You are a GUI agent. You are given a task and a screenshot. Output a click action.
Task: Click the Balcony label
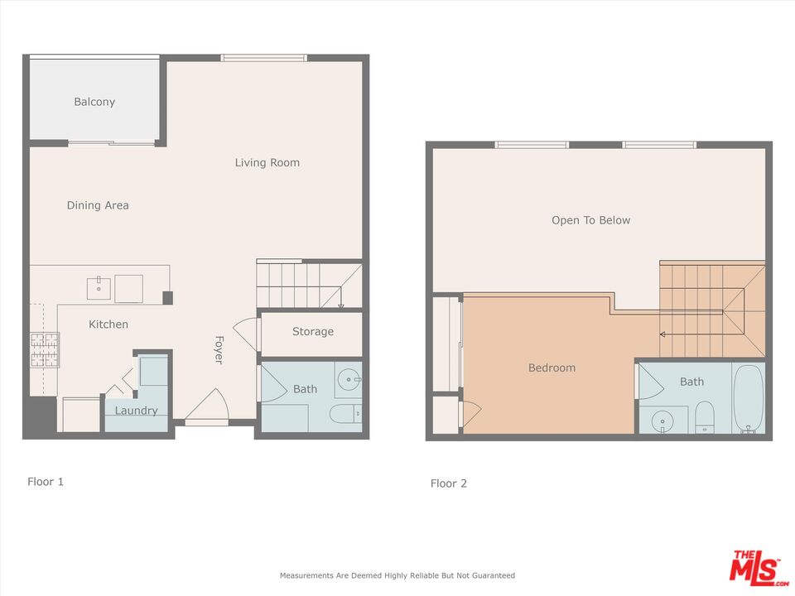point(94,102)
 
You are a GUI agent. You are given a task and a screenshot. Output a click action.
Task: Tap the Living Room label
point(267,163)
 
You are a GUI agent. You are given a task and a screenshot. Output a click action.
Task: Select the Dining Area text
point(98,205)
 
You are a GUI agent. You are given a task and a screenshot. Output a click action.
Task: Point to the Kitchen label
point(108,324)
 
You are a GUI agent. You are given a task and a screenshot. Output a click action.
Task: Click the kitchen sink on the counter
point(99,288)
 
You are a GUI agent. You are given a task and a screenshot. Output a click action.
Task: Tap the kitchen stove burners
point(45,349)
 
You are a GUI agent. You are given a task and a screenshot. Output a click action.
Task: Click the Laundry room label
point(136,411)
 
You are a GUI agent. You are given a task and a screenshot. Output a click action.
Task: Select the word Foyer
point(219,349)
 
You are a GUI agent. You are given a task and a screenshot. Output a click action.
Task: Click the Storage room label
point(313,331)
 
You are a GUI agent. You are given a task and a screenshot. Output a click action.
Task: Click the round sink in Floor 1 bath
point(349,379)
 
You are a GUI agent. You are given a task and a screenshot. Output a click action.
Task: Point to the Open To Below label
point(590,220)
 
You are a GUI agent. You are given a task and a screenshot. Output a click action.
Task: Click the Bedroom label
point(552,368)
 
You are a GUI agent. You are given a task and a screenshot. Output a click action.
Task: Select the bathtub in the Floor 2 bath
point(749,399)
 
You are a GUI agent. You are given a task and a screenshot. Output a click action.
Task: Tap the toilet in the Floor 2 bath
point(704,417)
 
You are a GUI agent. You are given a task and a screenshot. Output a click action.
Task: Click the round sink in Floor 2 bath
point(662,421)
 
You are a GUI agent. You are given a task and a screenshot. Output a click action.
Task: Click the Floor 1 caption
point(46,482)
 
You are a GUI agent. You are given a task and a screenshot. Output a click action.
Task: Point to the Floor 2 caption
point(449,483)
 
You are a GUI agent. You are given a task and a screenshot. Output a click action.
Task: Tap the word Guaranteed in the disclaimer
point(494,576)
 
